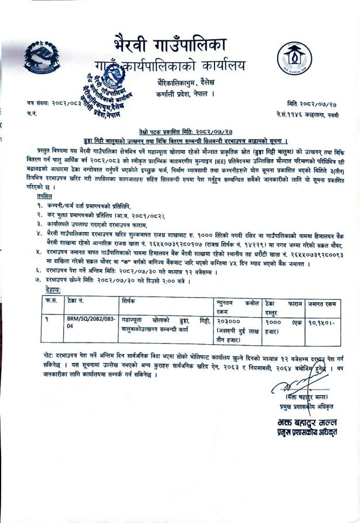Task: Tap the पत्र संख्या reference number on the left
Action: pyautogui.click(x=55, y=103)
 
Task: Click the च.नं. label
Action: pyautogui.click(x=33, y=116)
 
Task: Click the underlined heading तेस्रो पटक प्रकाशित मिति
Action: pyautogui.click(x=182, y=132)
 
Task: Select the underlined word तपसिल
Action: pyautogui.click(x=41, y=197)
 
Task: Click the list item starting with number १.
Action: pyautogui.click(x=95, y=205)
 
